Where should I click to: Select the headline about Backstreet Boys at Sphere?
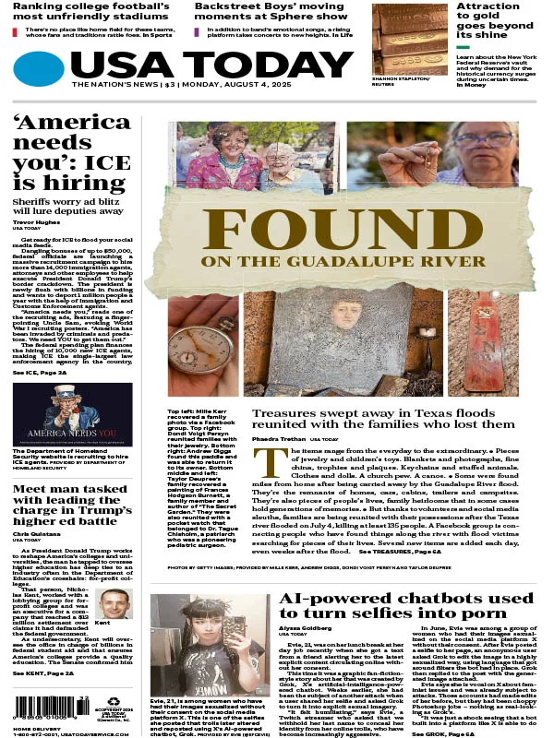pos(269,10)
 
